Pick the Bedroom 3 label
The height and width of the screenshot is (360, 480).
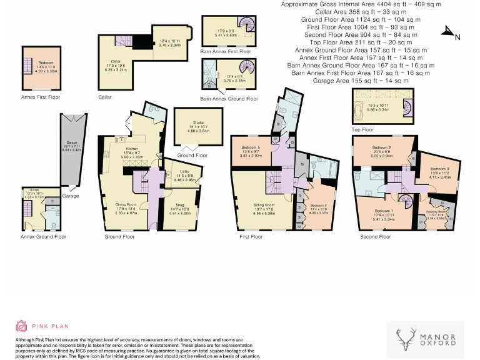tap(439, 171)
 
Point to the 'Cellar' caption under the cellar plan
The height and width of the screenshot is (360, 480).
tap(105, 98)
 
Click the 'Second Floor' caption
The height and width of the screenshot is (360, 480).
tap(376, 237)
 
